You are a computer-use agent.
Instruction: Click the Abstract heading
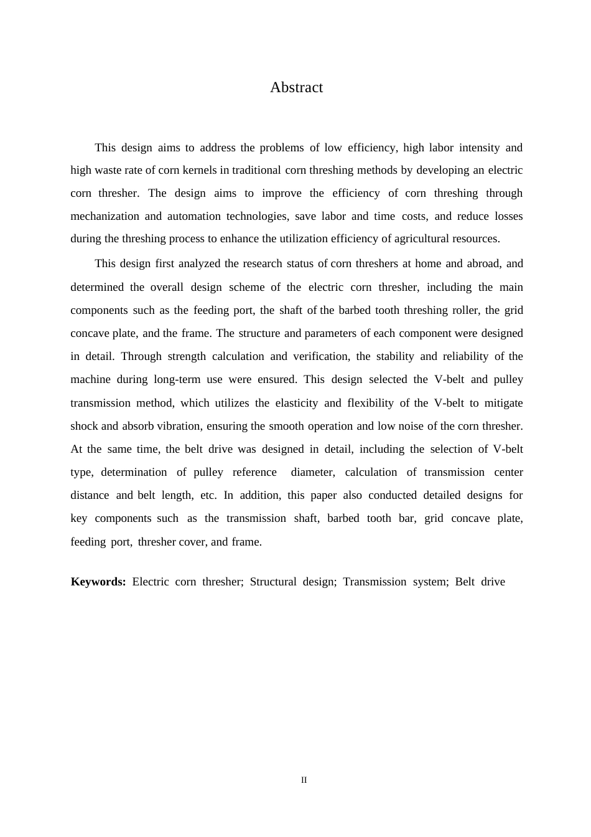coord(296,88)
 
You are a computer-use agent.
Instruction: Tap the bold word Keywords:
coord(98,582)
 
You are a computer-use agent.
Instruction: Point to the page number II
coord(304,780)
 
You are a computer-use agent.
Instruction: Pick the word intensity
coord(479,148)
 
